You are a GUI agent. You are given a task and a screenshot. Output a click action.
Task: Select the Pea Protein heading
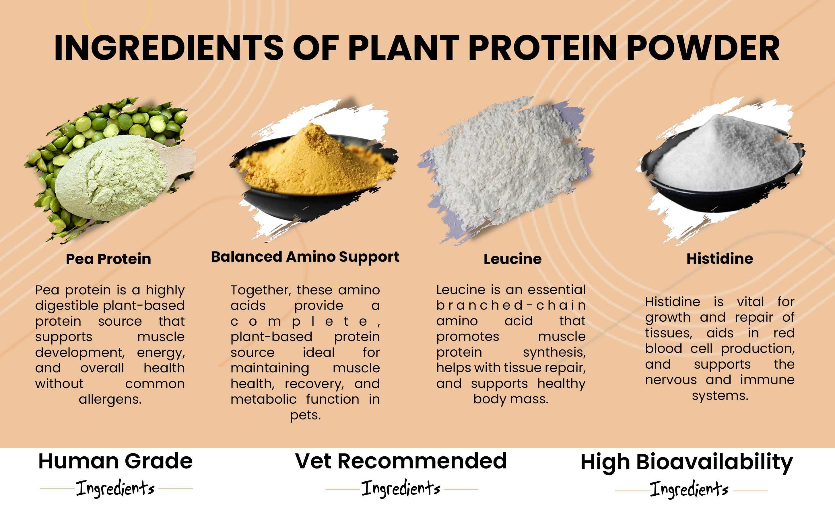point(108,259)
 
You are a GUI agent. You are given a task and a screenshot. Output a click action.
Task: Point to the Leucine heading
point(512,259)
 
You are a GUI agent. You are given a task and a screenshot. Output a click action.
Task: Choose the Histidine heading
point(720,259)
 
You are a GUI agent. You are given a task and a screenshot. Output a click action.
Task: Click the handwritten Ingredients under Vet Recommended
point(401,488)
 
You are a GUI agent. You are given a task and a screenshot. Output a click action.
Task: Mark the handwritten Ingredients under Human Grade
point(115,488)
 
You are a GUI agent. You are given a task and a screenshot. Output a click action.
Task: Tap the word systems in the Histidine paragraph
point(720,396)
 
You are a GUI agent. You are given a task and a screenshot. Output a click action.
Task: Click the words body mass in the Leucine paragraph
point(510,399)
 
